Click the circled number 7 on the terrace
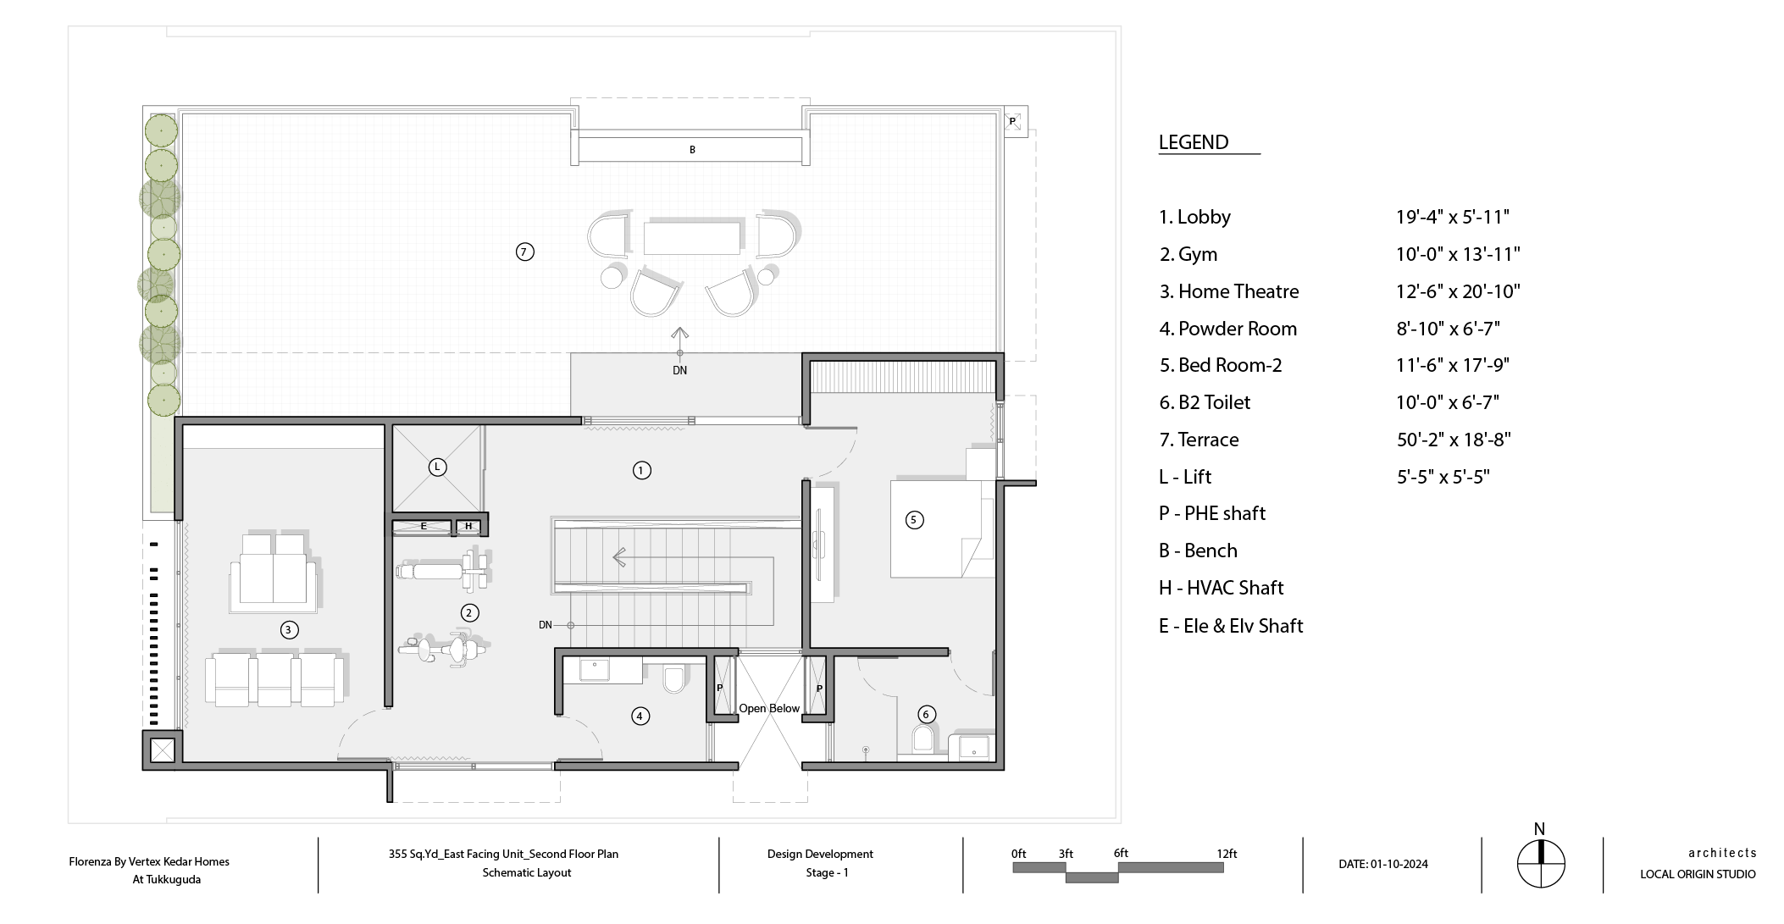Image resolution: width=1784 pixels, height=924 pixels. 525,252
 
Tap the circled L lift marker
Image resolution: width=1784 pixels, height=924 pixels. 437,467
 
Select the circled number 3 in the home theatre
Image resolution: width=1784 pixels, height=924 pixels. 289,629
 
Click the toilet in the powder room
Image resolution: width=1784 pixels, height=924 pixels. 674,679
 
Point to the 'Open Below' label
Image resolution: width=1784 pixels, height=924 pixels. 769,709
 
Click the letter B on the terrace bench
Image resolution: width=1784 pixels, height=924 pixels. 692,150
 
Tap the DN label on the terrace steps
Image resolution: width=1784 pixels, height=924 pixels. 679,370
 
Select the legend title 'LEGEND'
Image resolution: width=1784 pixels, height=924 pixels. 1194,142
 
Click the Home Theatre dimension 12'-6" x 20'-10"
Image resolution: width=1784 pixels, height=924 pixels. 1458,291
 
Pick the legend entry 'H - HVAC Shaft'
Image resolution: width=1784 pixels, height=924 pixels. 1221,588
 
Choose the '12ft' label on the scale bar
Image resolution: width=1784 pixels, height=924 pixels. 1227,854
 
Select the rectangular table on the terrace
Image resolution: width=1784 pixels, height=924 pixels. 692,238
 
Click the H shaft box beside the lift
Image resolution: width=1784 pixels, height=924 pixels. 468,527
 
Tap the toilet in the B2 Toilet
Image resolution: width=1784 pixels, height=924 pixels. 923,739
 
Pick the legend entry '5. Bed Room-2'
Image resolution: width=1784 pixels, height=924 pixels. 1221,365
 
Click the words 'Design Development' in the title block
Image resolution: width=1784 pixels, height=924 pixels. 820,854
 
